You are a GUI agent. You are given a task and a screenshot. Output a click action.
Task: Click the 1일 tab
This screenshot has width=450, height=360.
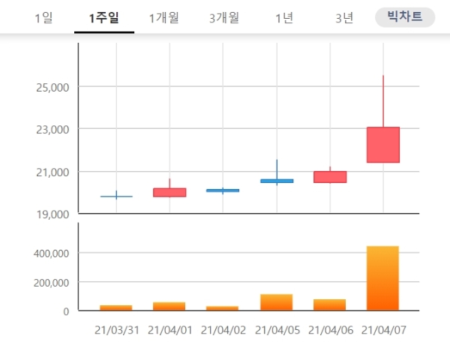[43, 18]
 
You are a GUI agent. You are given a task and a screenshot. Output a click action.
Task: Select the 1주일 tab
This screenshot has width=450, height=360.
[103, 18]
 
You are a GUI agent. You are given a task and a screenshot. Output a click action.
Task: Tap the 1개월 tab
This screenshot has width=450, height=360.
[163, 18]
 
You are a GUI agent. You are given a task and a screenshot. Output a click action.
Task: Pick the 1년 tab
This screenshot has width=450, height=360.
[284, 18]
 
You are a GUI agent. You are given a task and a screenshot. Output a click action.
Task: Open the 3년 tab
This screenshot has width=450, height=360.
[344, 18]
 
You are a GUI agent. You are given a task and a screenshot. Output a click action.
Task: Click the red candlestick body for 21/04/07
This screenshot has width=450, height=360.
[382, 145]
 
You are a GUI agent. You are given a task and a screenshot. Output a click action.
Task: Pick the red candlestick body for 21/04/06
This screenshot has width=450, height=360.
[330, 177]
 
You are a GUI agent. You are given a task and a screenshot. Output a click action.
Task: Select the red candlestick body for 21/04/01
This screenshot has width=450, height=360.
[169, 193]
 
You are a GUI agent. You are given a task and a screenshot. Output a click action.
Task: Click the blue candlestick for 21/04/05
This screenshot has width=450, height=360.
[277, 181]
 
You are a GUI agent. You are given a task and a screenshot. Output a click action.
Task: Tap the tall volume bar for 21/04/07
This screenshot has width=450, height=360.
[382, 278]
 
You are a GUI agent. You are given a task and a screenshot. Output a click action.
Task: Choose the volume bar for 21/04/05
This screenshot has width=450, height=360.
[277, 302]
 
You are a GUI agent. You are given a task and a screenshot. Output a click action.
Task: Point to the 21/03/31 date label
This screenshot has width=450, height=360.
[116, 329]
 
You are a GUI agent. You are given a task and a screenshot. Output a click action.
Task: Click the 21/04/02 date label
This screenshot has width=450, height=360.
[223, 329]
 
